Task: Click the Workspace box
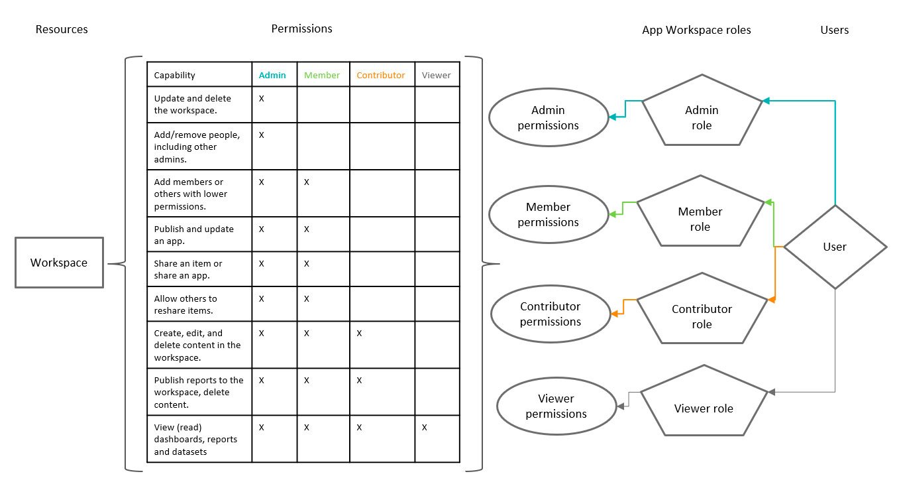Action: coord(59,263)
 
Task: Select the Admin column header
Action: coord(272,75)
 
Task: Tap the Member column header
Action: coord(322,75)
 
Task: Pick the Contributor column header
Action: coord(380,75)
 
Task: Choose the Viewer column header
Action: coord(436,75)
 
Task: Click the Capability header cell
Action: coord(175,75)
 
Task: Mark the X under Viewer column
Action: coord(424,428)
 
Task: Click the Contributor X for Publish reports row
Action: coord(359,381)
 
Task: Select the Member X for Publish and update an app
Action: coord(307,229)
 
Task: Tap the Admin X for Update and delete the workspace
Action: coord(262,98)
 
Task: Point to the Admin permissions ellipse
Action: coord(549,118)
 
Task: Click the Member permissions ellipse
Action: coord(549,215)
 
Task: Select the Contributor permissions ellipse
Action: coord(550,314)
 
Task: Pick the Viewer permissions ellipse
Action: coord(556,406)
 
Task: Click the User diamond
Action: coord(835,247)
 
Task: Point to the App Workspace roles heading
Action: coord(696,30)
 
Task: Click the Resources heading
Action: coord(62,29)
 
